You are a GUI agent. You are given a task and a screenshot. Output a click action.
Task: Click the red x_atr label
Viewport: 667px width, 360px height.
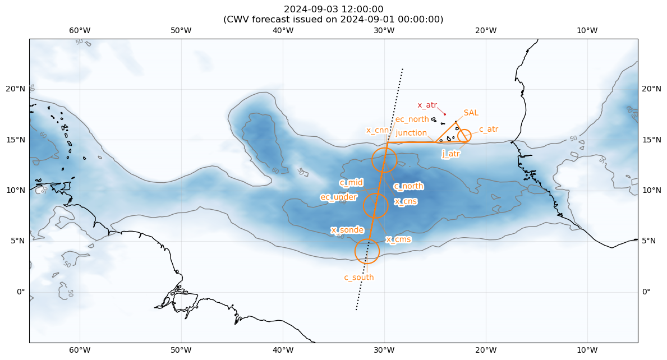[427, 105]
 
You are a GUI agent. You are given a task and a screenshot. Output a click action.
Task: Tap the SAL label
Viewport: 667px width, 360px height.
[471, 113]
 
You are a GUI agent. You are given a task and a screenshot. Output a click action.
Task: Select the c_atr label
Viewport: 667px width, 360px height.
[488, 129]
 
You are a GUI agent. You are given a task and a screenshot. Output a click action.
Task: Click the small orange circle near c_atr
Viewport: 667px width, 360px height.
[464, 136]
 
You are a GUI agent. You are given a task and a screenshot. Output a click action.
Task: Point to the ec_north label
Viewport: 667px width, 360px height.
[412, 119]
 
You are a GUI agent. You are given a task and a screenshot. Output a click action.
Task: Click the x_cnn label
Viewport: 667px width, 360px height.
[378, 130]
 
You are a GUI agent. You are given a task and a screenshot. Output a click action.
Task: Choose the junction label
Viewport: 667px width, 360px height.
[411, 133]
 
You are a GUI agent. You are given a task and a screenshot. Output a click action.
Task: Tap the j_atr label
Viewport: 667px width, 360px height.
[451, 154]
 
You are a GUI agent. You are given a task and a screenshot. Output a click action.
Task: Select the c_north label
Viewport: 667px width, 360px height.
[408, 186]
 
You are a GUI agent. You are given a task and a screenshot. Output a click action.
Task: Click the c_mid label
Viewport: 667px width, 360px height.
[351, 182]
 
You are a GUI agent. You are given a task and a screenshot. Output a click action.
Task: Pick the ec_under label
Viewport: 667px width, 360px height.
[338, 197]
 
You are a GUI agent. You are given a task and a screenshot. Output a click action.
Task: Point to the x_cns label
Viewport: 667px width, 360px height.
[406, 201]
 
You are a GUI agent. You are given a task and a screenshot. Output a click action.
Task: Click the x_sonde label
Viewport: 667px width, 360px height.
[347, 230]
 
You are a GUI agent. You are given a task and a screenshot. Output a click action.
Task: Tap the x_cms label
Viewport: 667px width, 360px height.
[398, 239]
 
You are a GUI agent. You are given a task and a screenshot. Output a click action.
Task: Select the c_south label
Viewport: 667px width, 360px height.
[359, 277]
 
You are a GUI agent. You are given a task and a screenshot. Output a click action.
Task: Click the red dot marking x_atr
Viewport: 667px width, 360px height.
[445, 114]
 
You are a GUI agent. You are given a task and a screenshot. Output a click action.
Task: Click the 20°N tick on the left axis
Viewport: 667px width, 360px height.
[16, 89]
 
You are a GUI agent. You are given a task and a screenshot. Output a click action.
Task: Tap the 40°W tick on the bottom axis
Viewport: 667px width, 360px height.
[283, 350]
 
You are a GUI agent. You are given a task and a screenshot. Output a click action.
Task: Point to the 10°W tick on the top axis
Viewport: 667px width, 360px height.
[587, 30]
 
